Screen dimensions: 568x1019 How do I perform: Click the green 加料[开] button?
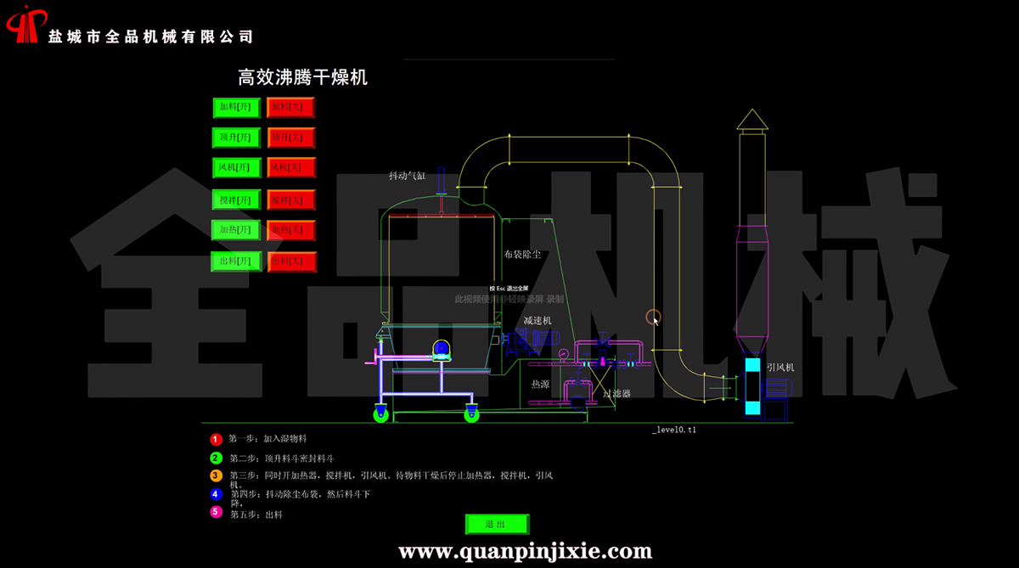pos(236,107)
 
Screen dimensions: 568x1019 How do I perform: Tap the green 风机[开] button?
pos(236,167)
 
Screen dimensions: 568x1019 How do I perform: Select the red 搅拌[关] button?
pos(291,200)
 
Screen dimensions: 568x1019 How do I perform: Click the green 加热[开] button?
pos(236,229)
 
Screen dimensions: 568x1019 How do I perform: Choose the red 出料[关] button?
pos(291,261)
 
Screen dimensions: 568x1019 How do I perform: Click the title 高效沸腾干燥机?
pos(302,78)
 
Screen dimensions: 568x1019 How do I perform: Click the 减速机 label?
pos(538,320)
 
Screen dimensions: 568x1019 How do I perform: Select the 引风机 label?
pos(780,367)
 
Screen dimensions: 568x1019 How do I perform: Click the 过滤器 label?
pos(616,393)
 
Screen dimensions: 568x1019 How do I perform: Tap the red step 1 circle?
pos(216,440)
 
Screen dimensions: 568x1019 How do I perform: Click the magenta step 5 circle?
pos(216,512)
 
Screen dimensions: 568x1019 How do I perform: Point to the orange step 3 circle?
pos(216,475)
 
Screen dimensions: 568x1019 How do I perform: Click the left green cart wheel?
pos(380,415)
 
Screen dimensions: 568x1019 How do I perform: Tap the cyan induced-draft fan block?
pos(753,386)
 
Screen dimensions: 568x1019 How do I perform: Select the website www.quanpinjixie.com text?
pos(526,552)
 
